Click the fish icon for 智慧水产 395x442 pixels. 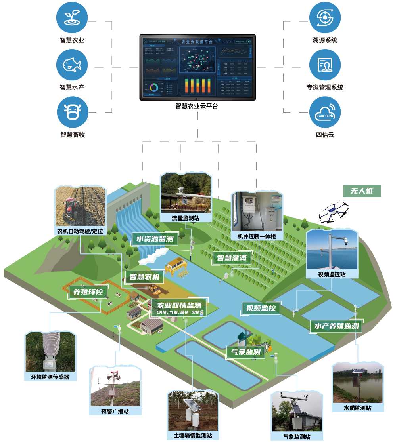(72, 65)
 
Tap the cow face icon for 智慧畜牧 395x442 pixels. (72, 112)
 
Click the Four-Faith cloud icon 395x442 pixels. (325, 112)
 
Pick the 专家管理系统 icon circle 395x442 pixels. (325, 65)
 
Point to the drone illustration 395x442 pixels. (333, 212)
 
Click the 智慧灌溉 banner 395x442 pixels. (232, 258)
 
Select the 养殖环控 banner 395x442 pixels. (88, 292)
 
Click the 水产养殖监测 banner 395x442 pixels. (336, 326)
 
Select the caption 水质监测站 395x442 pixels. (358, 408)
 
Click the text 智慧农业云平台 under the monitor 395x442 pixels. (197, 106)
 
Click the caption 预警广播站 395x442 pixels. (115, 411)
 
